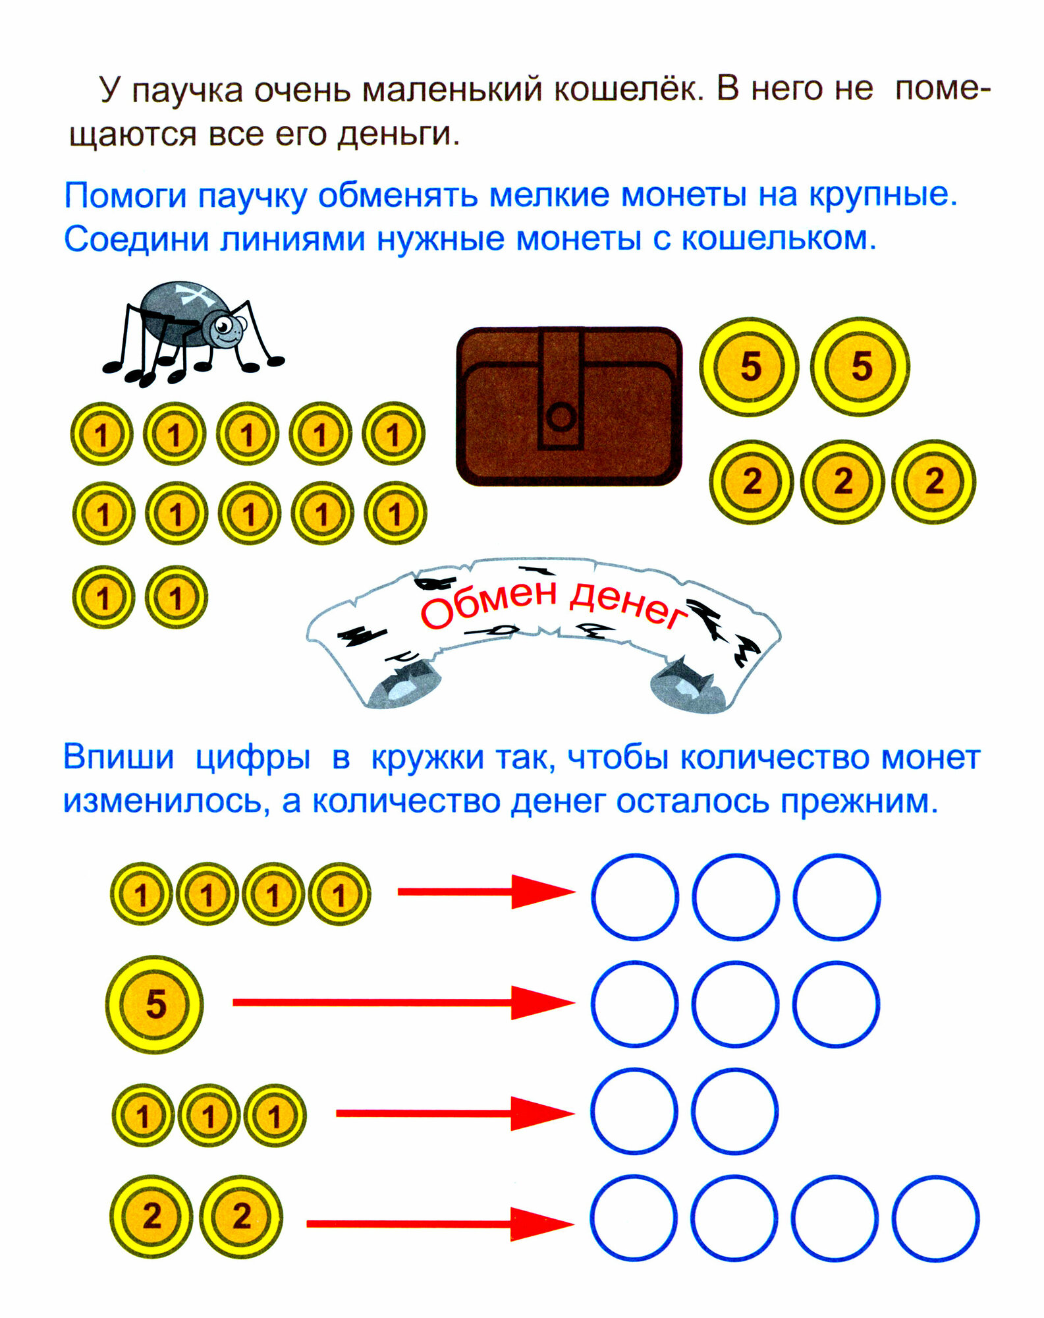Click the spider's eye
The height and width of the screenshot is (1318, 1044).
[223, 325]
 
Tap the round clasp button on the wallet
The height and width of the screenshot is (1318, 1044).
[561, 416]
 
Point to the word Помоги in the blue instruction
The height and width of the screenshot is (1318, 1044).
[124, 196]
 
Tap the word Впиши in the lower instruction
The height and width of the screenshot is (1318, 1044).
[119, 758]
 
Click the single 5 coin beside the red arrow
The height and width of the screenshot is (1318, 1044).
[155, 1004]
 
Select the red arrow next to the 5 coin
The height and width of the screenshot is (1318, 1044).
[403, 1002]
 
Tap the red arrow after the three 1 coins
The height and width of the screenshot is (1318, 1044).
[454, 1113]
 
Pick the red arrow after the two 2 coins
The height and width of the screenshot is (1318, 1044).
[440, 1224]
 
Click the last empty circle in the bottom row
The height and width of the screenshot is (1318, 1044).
[935, 1218]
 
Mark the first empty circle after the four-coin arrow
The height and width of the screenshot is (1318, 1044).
[634, 896]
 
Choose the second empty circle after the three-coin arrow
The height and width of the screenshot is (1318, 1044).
[735, 1111]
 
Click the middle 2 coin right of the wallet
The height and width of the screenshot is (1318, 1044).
[842, 482]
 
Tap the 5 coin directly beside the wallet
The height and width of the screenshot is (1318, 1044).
[750, 366]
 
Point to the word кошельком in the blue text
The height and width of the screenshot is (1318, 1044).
[778, 240]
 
